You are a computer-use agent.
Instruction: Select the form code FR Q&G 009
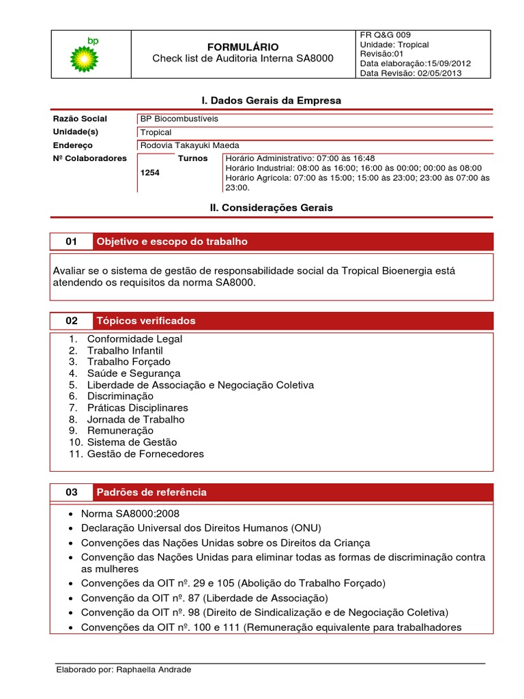pos(385,35)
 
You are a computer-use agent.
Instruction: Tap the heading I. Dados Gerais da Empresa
pos(271,100)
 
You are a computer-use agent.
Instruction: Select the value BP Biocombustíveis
pos(179,119)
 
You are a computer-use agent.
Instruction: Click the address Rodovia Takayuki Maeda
pos(190,145)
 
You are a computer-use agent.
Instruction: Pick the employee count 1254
pos(149,173)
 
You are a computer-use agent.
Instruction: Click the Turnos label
pos(192,158)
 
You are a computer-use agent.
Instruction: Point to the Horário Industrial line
pos(353,168)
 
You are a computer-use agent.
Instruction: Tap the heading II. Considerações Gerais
pos(271,208)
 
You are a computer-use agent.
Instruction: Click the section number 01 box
pos(72,242)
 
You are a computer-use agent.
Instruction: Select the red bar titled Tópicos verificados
pos(293,321)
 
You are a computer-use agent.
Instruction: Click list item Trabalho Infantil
pos(125,350)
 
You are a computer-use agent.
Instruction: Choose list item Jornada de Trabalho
pos(136,419)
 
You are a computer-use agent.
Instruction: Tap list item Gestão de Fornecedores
pos(145,453)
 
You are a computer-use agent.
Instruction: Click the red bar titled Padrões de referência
pos(293,492)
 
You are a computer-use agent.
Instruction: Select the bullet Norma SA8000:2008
pos(130,514)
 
